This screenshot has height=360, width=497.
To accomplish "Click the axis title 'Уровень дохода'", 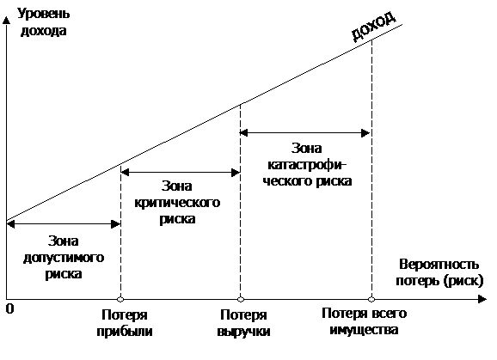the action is (44, 22).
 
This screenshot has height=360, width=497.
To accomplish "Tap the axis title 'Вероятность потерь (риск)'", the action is (439, 272).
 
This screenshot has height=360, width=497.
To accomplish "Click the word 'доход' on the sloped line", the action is (374, 27).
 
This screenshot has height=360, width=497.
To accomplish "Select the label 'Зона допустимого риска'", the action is (64, 258).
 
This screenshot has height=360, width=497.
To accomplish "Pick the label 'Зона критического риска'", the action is (177, 203).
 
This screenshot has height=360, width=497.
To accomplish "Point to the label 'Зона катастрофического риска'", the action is (307, 165).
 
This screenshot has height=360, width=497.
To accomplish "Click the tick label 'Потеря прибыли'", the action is (125, 323).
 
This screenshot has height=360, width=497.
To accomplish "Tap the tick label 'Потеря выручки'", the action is (243, 323).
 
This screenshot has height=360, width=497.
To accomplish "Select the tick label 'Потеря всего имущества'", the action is (364, 321).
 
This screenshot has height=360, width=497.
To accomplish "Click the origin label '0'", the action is (10, 308).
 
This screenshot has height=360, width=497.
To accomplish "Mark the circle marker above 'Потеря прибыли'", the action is (120, 299).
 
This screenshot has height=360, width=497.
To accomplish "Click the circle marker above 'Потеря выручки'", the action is (241, 299).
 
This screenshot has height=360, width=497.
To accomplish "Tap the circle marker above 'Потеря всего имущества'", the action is (371, 299).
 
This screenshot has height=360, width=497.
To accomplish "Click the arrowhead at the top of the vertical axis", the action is (6, 21).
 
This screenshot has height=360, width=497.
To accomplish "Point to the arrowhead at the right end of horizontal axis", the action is (482, 299).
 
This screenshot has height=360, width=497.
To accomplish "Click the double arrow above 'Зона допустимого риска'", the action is (64, 224).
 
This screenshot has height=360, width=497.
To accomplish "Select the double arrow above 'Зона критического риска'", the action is (181, 173).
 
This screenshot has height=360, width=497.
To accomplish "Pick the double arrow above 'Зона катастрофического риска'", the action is (305, 133).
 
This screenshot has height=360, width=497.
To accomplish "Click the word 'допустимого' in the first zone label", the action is (64, 258).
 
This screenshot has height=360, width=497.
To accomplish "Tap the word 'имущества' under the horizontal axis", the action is (364, 330).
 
